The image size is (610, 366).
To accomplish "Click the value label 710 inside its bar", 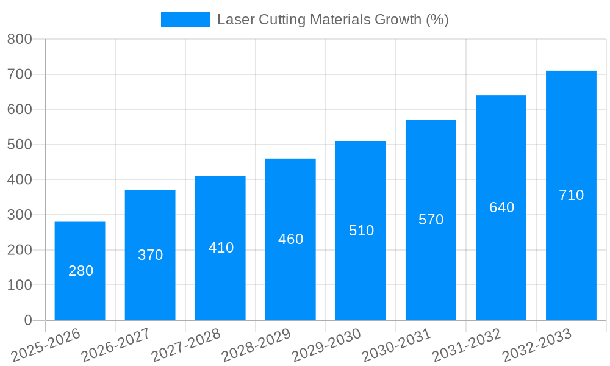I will point(572,195).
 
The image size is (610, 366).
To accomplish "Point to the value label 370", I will point(150,255).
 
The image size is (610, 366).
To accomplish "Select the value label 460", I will point(290,239).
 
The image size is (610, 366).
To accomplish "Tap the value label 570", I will point(431,220).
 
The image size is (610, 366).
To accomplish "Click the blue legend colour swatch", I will point(185,20).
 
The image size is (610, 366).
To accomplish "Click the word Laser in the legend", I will point(235,20).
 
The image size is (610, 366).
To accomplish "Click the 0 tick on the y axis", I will point(27,320).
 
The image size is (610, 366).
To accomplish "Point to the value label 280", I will point(81,271).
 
